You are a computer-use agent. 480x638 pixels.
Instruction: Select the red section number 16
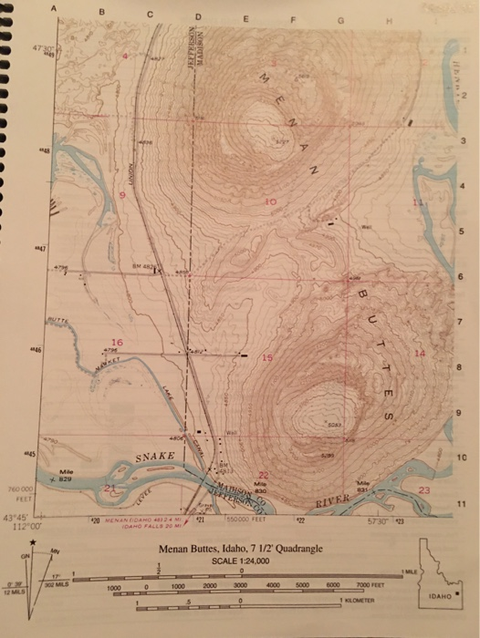pyautogui.click(x=117, y=341)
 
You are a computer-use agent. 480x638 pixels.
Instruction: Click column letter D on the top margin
pyautogui.click(x=198, y=15)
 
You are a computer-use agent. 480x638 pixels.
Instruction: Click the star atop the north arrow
pyautogui.click(x=33, y=544)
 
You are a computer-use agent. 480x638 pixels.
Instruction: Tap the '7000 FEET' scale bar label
pyautogui.click(x=370, y=586)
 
